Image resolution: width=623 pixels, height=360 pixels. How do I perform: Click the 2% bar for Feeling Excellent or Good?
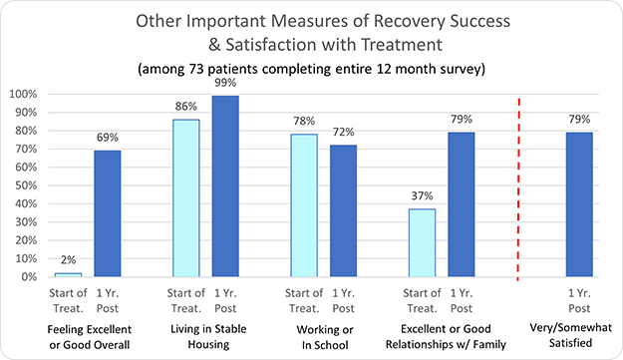pos(68,274)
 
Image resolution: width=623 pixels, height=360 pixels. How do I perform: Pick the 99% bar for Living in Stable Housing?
pos(226,185)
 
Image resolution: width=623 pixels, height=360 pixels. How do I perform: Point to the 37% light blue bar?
pos(422,242)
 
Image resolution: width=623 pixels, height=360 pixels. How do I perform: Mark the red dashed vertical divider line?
pos(519,189)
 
